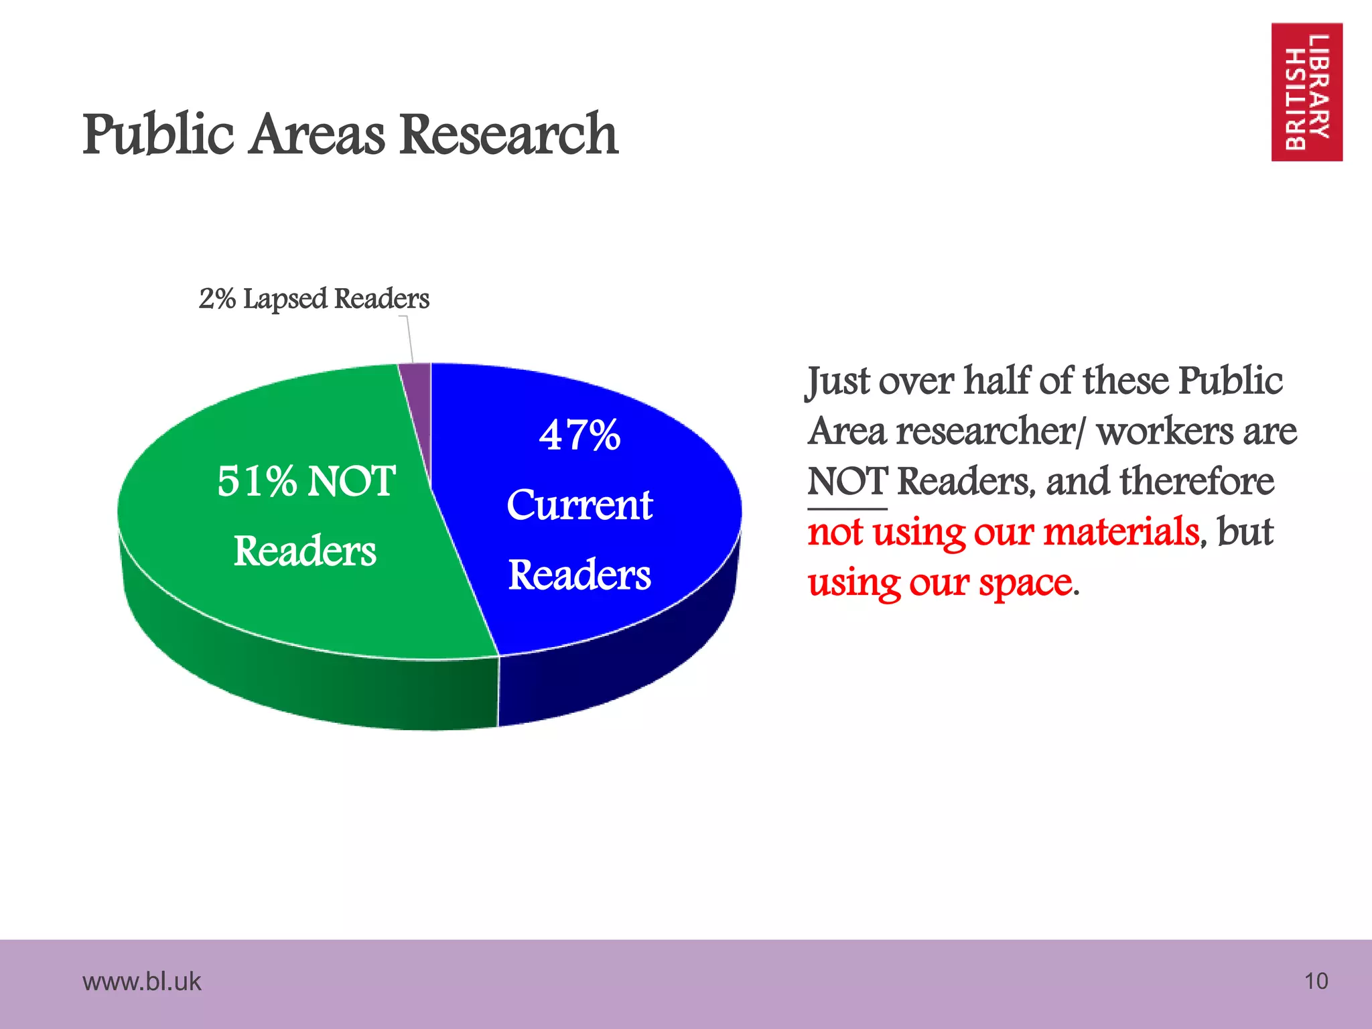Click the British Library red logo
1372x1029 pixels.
click(1306, 92)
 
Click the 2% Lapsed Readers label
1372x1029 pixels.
click(314, 299)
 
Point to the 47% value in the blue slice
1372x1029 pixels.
click(579, 435)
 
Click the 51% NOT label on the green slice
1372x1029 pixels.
click(306, 481)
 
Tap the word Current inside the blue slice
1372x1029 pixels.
click(579, 505)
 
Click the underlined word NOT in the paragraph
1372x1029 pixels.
click(847, 482)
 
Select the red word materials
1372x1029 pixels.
click(1120, 532)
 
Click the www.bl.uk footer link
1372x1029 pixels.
click(141, 981)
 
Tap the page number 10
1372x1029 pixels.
click(1316, 981)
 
